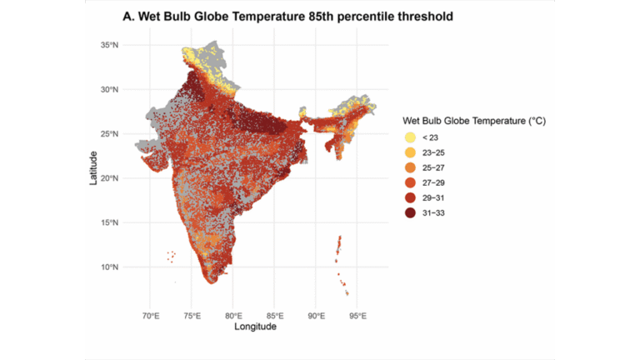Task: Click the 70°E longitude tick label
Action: (151, 317)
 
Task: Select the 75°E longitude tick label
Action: (192, 317)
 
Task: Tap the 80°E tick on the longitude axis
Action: (234, 317)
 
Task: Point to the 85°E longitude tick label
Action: (275, 317)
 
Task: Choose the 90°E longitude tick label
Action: (317, 317)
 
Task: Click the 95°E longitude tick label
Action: (357, 317)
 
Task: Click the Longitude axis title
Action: (254, 327)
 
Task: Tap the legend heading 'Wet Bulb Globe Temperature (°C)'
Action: (473, 121)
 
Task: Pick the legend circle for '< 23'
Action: (411, 137)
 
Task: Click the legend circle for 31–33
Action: (411, 214)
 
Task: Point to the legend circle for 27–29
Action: (411, 183)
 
